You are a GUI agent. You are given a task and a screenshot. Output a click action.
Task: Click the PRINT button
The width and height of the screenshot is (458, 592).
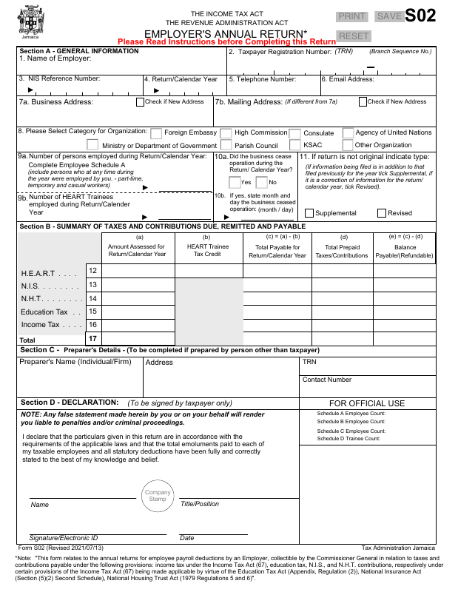pyautogui.click(x=352, y=16)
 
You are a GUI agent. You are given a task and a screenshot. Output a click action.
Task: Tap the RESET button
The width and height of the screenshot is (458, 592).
pyautogui.click(x=353, y=36)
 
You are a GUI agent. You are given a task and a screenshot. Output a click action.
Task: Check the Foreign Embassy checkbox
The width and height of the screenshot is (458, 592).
pyautogui.click(x=156, y=133)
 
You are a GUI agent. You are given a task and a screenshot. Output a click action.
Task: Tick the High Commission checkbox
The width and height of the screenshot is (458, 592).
pyautogui.click(x=226, y=133)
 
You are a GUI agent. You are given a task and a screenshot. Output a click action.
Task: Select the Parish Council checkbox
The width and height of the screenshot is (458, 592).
pyautogui.click(x=226, y=146)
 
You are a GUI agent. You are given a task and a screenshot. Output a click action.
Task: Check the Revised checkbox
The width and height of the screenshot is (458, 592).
pyautogui.click(x=380, y=212)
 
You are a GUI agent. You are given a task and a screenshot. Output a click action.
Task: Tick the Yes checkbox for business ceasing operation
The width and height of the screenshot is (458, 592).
pyautogui.click(x=234, y=182)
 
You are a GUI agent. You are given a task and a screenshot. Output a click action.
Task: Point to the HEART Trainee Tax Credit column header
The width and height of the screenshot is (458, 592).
pyautogui.click(x=208, y=250)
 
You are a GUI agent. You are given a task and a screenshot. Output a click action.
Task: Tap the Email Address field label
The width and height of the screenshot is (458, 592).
pyautogui.click(x=348, y=79)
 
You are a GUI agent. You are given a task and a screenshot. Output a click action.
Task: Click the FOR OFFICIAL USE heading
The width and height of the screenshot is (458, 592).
pyautogui.click(x=367, y=403)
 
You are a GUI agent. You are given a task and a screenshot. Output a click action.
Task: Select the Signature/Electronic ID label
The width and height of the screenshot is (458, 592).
pyautogui.click(x=64, y=537)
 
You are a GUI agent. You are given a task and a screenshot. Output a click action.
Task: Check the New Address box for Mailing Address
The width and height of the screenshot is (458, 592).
pyautogui.click(x=363, y=101)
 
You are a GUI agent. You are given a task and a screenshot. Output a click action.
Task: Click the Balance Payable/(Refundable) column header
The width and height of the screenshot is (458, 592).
pyautogui.click(x=405, y=250)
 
